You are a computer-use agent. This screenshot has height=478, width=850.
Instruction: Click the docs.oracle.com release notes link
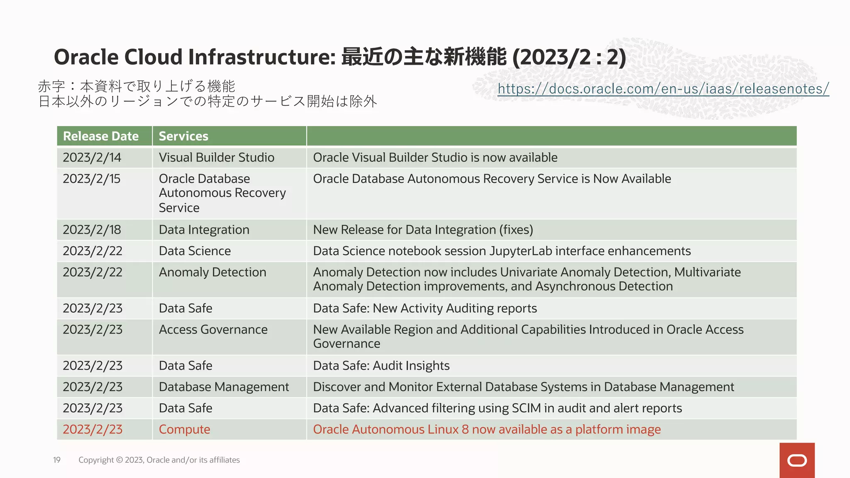[x=663, y=88]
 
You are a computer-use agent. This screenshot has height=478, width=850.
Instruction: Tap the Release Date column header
[x=101, y=136]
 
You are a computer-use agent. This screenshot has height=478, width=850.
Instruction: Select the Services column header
[x=183, y=136]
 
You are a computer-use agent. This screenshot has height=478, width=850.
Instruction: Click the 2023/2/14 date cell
[x=92, y=158]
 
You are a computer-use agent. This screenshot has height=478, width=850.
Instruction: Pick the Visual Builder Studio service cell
[x=216, y=158]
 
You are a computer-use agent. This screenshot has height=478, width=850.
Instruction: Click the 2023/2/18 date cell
[x=92, y=230]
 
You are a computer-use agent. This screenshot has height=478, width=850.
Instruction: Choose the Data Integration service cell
[x=204, y=230]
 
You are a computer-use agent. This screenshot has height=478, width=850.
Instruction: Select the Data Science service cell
[x=195, y=251]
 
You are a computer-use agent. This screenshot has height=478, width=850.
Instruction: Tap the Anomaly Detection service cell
[x=212, y=272]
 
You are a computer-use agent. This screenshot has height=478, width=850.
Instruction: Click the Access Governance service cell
[x=213, y=329]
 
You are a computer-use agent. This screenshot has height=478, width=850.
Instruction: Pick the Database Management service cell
[x=224, y=387]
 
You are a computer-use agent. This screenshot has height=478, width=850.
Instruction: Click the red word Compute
[x=184, y=429]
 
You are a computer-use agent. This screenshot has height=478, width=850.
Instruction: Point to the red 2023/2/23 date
[x=93, y=429]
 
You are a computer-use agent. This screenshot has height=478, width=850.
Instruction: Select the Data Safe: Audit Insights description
[x=381, y=366]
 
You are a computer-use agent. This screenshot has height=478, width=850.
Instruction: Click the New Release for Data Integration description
[x=423, y=230]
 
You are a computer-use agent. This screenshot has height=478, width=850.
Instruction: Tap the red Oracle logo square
[x=797, y=460]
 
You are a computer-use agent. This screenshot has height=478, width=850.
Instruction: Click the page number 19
[x=57, y=460]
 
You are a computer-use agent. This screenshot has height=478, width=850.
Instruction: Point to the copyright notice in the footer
[x=159, y=460]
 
